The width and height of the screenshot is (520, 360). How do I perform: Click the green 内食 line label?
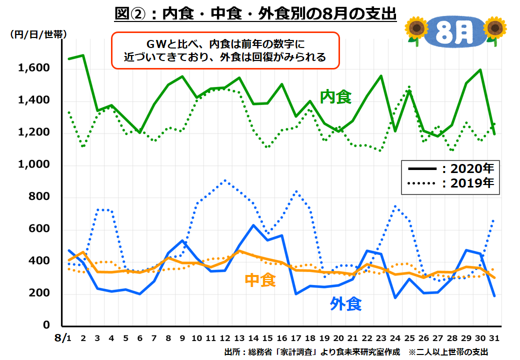[336, 96]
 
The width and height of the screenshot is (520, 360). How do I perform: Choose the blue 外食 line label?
[346, 303]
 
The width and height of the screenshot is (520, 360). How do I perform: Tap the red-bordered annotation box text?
[225, 50]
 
